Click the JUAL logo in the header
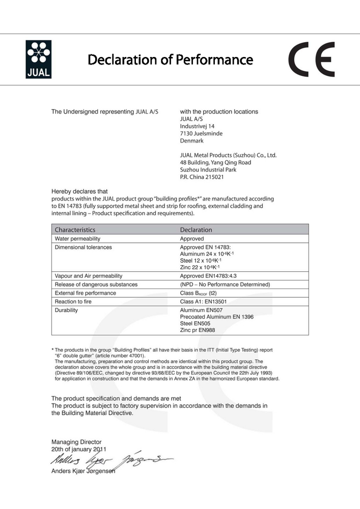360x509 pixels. [x=38, y=60]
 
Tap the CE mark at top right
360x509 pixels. [x=312, y=60]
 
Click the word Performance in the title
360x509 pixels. [x=214, y=60]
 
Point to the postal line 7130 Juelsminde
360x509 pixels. [x=201, y=133]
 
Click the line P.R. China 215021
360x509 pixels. [x=202, y=177]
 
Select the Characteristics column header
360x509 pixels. [x=75, y=230]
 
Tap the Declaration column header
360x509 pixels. [x=196, y=230]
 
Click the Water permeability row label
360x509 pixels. [x=77, y=238]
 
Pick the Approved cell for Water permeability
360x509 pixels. [x=192, y=238]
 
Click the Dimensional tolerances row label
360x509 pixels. [x=83, y=247]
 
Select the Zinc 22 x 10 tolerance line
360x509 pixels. [x=200, y=267]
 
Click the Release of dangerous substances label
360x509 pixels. [x=96, y=284]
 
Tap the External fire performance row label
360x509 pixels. [x=85, y=293]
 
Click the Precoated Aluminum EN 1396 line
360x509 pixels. [x=216, y=317]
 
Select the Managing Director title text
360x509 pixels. [x=76, y=441]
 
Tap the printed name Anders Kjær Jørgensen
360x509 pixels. [x=83, y=471]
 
